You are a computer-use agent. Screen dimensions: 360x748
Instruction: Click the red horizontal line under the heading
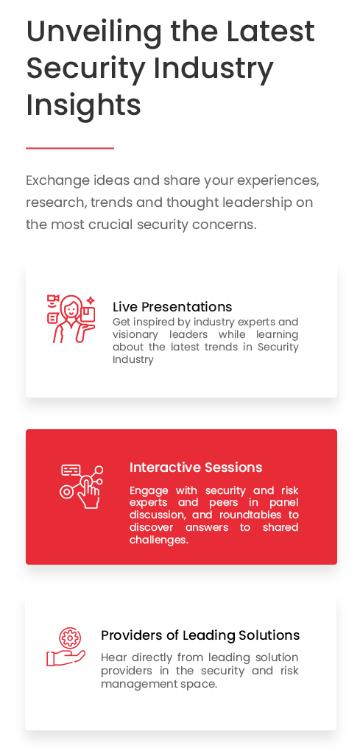(x=70, y=149)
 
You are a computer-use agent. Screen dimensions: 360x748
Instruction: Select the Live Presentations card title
(x=172, y=307)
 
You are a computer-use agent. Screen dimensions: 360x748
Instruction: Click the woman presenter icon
(x=71, y=319)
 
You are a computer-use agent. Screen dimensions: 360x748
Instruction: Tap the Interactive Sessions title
(x=196, y=467)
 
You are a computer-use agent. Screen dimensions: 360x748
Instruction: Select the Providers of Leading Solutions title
(x=200, y=635)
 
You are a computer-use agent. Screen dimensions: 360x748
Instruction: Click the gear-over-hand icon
(x=66, y=647)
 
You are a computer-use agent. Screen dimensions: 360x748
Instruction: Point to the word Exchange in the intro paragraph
(x=57, y=181)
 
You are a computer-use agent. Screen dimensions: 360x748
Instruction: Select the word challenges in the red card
(x=159, y=540)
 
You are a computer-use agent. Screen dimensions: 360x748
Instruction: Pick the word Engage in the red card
(x=149, y=491)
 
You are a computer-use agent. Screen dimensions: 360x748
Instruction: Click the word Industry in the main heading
(x=213, y=68)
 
